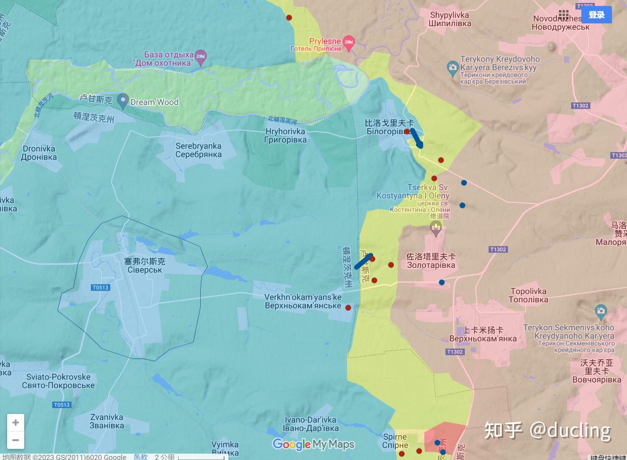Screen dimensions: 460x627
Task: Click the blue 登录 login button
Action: pos(596,15)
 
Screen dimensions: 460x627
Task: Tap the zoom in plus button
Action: pos(15,423)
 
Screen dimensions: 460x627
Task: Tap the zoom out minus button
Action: pos(15,440)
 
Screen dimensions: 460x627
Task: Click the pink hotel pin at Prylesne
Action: pos(349,43)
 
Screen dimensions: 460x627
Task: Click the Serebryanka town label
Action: pos(198,150)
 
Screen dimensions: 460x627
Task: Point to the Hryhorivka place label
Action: pos(285,135)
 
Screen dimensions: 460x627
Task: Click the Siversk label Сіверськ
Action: pos(145,270)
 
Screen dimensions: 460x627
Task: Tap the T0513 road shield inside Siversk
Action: pos(100,287)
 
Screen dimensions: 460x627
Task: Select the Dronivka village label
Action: pos(39,153)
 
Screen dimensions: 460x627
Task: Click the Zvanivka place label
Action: pos(107,421)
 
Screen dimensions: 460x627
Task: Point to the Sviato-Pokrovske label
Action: pos(58,381)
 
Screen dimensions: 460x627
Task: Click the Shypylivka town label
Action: pos(449,19)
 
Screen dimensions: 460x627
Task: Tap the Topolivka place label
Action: pos(528,295)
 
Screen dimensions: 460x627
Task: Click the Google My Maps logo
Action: pos(313,444)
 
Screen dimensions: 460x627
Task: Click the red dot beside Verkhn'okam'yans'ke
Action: pos(348,308)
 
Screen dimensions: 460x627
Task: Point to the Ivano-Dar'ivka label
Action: pos(311,424)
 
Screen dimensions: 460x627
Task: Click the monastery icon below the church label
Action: pos(436,228)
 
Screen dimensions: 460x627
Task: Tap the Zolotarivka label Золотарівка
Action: pos(431,265)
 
